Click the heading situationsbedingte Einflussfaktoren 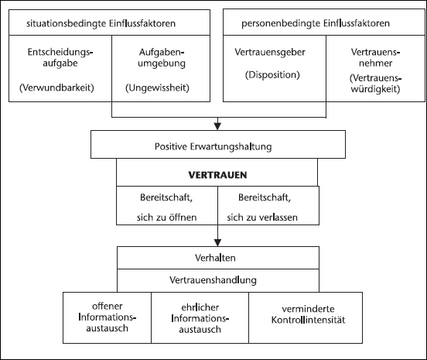(x=101, y=23)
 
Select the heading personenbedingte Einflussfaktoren (x=316, y=23)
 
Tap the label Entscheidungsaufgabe (x=60, y=57)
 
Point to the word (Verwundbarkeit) (x=56, y=87)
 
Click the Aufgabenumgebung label (x=162, y=57)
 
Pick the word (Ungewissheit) (x=157, y=87)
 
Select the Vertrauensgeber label (x=270, y=52)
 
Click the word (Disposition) (x=272, y=74)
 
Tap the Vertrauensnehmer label (x=375, y=57)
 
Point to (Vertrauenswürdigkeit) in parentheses (x=375, y=84)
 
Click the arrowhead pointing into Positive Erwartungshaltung (x=217, y=126)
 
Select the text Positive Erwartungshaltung (x=213, y=146)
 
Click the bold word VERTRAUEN (x=217, y=175)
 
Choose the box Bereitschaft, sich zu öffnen (x=167, y=206)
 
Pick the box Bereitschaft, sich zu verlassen (x=268, y=206)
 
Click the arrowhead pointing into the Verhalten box (x=217, y=242)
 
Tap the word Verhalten (x=215, y=258)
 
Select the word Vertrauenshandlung (x=213, y=280)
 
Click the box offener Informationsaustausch (x=107, y=317)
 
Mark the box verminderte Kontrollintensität (x=306, y=317)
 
